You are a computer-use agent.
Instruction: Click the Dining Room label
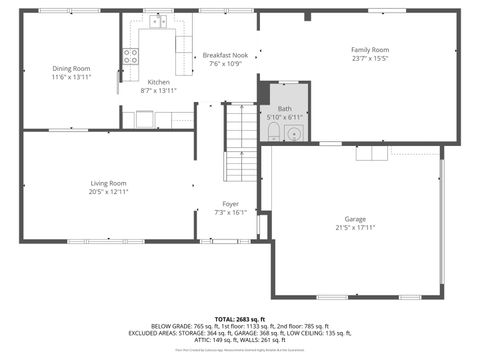pos(71,69)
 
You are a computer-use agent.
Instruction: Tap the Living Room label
pos(109,183)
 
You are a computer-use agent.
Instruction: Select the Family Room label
pos(369,49)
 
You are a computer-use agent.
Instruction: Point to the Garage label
pos(355,218)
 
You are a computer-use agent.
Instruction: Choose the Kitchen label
pos(159,82)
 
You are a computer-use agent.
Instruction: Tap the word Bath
pos(285,108)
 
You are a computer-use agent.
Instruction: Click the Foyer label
pos(230,204)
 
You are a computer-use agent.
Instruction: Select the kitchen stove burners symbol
pos(130,56)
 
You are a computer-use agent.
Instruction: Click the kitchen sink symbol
pos(158,22)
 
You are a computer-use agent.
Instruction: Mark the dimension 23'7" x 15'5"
pos(369,58)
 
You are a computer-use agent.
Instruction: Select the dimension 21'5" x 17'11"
pos(355,227)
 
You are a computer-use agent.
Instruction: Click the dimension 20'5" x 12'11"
pos(109,192)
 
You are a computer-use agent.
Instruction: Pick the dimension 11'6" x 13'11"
pos(71,77)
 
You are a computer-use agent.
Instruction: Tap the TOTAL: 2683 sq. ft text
pos(239,318)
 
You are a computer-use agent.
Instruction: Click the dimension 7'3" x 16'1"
pos(230,212)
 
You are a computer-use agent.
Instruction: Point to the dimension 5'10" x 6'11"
pos(285,117)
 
